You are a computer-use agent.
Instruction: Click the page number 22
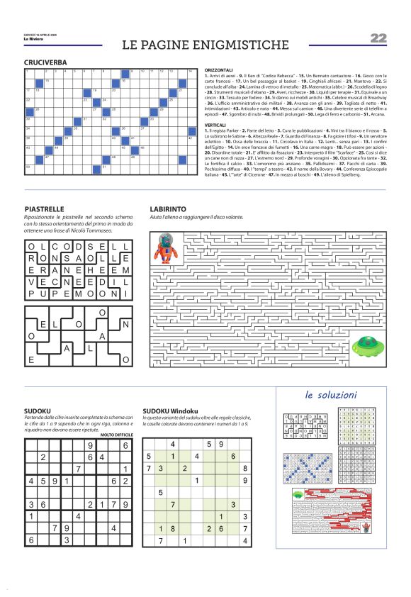point(378,38)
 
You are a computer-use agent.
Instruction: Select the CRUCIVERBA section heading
point(45,63)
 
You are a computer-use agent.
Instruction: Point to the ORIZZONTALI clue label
point(218,70)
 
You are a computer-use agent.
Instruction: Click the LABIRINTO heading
point(169,209)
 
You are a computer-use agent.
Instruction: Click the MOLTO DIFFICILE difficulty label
point(116,433)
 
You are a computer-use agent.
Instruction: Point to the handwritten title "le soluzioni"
point(331,394)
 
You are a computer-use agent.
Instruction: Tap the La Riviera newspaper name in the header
point(33,38)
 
